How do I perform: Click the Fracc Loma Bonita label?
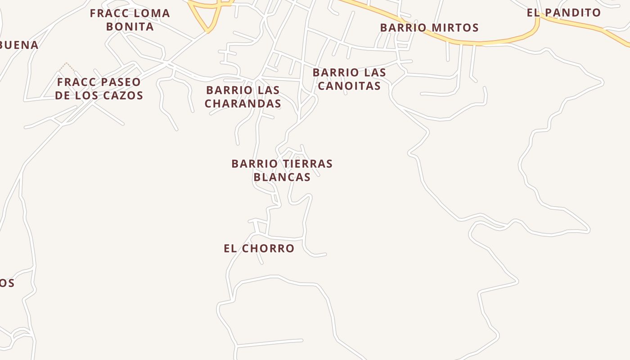tap(130, 20)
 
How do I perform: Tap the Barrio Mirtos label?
tap(429, 27)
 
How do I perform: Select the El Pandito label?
tap(564, 13)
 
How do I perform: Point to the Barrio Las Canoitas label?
tap(349, 79)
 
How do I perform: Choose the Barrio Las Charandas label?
tap(243, 97)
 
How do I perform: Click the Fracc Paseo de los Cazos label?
tap(99, 89)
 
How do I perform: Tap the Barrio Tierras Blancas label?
tap(282, 170)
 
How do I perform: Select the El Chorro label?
tap(259, 248)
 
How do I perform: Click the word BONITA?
tap(130, 27)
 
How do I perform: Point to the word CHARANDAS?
tap(243, 103)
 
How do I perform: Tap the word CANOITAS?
tap(349, 85)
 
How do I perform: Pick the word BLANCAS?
tap(282, 177)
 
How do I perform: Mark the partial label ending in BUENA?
tap(19, 45)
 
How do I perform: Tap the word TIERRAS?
tap(307, 163)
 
